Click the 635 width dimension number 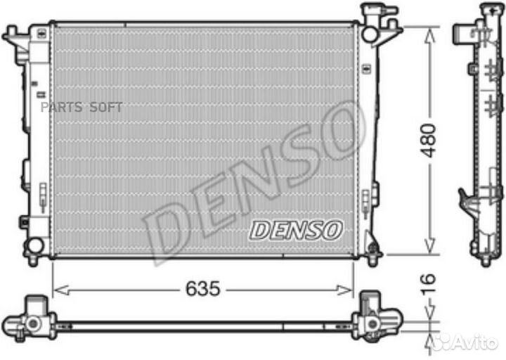point(203,288)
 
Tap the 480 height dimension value point(429,141)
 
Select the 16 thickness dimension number point(429,279)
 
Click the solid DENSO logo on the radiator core point(296,230)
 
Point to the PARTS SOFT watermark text point(82,107)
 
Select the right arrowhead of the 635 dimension point(345,290)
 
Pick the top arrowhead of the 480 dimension point(429,36)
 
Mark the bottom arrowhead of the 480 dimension point(429,245)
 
